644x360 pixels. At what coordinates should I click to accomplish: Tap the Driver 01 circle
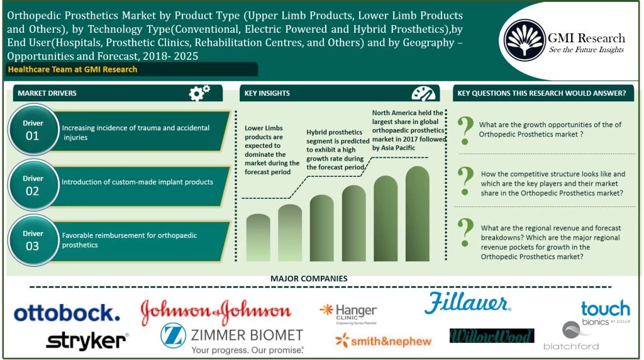[32, 130]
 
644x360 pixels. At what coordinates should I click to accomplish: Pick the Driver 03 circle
[32, 240]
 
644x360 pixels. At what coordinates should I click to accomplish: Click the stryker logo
[87, 340]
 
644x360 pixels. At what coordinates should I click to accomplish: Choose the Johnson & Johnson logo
[216, 311]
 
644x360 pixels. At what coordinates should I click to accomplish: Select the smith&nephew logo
[383, 341]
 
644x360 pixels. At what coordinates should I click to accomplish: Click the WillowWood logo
[491, 336]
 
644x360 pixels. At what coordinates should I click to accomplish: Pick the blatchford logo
[571, 336]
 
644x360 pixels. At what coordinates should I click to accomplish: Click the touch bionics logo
[604, 310]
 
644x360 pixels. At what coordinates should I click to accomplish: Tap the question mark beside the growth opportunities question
[465, 129]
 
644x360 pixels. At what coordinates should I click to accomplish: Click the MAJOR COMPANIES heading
[308, 278]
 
